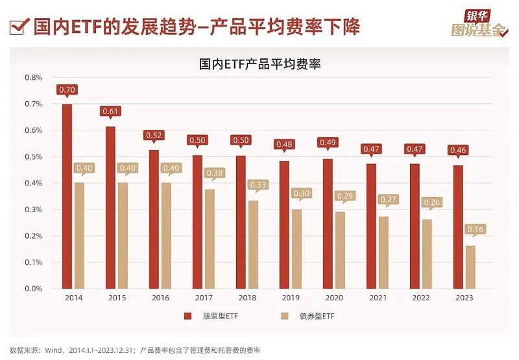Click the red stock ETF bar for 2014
(67, 196)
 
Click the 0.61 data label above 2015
(110, 112)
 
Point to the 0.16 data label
(476, 229)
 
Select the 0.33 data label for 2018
(258, 184)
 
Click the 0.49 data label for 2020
(328, 142)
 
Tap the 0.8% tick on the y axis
(32, 77)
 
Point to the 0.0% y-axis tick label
(32, 289)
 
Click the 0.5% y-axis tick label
(32, 156)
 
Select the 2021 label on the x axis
(377, 298)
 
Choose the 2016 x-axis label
(160, 298)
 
